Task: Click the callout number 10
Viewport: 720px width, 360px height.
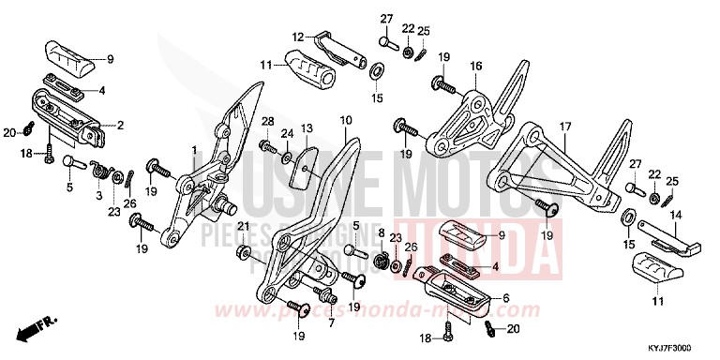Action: pyautogui.click(x=346, y=120)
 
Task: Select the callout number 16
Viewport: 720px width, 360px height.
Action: pyautogui.click(x=475, y=66)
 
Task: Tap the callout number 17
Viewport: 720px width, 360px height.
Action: pyautogui.click(x=565, y=127)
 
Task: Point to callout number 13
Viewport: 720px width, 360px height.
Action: pyautogui.click(x=307, y=127)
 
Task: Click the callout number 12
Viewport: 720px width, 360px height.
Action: pyautogui.click(x=298, y=37)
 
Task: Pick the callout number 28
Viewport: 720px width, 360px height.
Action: pyautogui.click(x=266, y=123)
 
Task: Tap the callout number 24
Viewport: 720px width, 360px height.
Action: pyautogui.click(x=286, y=133)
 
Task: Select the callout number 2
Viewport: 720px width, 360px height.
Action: pyautogui.click(x=119, y=124)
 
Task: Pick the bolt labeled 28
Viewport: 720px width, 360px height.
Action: pyautogui.click(x=266, y=147)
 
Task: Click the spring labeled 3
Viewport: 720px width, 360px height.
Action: pyautogui.click(x=98, y=170)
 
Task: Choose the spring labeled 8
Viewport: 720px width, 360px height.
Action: pyautogui.click(x=382, y=259)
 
